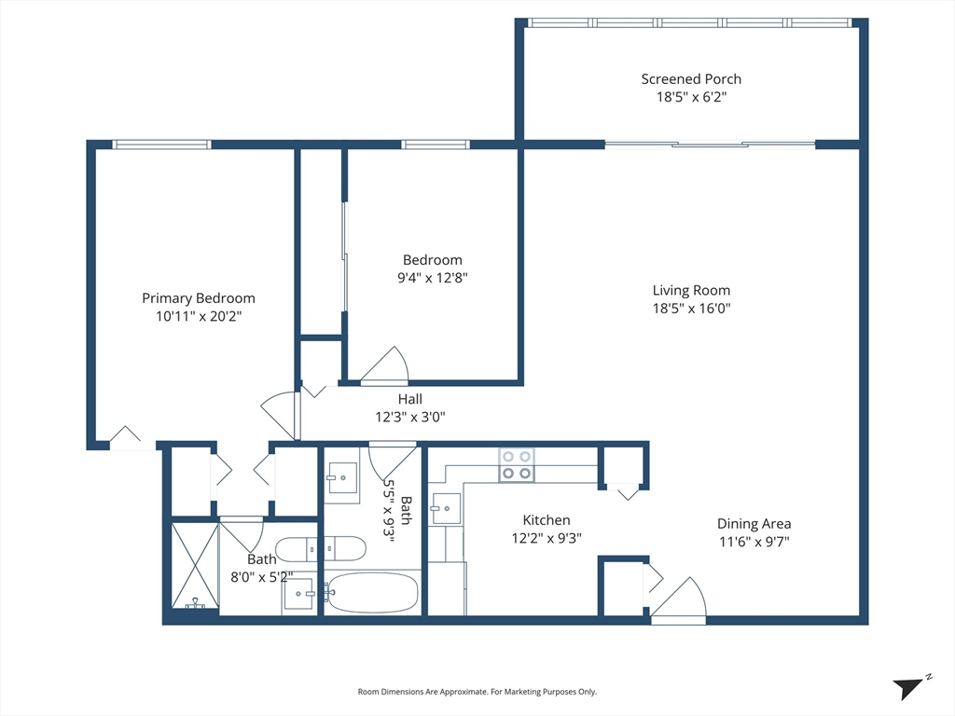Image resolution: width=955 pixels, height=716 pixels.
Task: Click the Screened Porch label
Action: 691,79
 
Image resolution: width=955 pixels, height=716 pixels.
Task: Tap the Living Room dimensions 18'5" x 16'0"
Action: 691,309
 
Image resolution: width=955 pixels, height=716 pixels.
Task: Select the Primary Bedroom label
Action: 198,298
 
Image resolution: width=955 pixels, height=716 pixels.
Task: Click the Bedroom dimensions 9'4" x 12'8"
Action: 432,278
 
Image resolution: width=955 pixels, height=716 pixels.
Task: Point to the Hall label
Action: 410,399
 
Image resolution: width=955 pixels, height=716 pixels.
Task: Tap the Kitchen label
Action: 546,520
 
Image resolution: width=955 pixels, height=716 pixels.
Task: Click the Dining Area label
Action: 754,524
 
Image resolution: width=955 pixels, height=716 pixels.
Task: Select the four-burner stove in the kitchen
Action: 517,464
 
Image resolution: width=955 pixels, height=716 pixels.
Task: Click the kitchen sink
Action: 446,509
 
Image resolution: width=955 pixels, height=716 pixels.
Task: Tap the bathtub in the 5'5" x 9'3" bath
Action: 371,593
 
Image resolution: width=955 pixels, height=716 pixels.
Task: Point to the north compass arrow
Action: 910,687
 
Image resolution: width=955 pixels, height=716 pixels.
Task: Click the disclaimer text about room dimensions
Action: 477,692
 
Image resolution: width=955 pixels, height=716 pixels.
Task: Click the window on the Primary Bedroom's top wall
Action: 161,145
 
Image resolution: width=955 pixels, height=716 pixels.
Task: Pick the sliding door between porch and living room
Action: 711,145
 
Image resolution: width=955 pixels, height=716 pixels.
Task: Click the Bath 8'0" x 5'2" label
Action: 261,559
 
